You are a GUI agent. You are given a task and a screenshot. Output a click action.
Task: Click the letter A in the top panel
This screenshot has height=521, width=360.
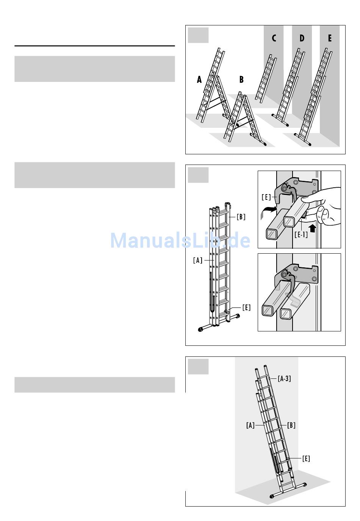click(x=199, y=80)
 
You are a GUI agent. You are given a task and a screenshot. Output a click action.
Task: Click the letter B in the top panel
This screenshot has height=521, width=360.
click(x=241, y=80)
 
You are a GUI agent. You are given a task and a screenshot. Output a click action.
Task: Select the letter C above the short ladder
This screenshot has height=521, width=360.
click(x=274, y=38)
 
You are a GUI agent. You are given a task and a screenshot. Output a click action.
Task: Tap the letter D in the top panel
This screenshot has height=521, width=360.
click(x=302, y=38)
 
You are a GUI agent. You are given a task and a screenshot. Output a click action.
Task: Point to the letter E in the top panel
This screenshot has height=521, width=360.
click(x=330, y=38)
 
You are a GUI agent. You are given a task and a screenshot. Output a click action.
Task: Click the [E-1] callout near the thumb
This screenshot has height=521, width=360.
click(x=301, y=234)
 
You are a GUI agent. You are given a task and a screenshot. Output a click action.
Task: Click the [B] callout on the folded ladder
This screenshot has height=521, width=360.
click(x=241, y=217)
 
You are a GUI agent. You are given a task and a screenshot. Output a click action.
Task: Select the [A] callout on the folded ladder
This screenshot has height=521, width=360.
click(x=198, y=260)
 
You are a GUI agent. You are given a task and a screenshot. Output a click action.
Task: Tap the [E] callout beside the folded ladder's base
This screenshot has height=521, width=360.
click(x=246, y=307)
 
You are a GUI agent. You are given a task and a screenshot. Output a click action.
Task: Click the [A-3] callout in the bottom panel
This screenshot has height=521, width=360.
click(x=284, y=378)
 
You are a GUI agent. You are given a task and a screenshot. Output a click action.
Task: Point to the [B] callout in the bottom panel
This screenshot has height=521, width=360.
click(x=291, y=425)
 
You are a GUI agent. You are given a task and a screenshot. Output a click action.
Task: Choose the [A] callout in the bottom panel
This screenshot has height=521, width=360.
click(x=250, y=425)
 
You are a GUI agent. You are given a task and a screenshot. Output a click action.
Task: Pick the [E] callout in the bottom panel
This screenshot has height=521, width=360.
click(x=306, y=458)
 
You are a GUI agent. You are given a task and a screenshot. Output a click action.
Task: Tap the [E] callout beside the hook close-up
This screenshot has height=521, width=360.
click(x=266, y=197)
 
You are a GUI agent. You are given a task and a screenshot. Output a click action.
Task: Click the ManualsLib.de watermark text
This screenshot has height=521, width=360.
click(x=180, y=240)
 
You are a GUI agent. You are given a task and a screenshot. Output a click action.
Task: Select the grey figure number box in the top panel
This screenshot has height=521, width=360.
click(x=198, y=35)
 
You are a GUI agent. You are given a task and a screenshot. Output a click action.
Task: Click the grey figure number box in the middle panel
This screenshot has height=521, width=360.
click(x=198, y=175)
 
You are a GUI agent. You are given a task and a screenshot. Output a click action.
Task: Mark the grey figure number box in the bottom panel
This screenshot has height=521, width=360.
click(x=198, y=367)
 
